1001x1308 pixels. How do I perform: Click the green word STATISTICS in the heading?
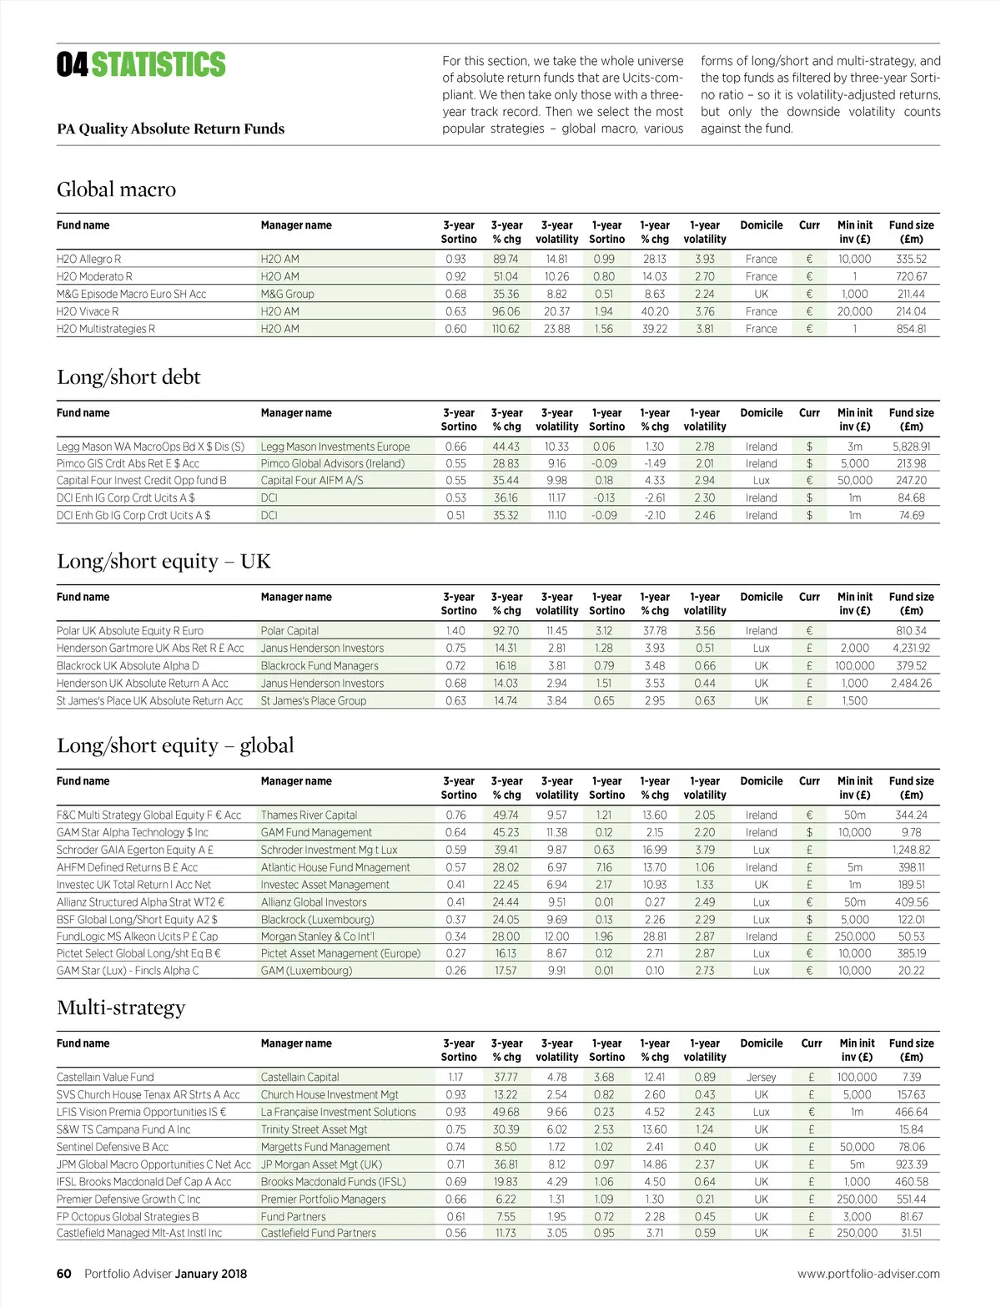[x=158, y=65]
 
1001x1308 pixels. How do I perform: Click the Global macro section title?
[x=116, y=189]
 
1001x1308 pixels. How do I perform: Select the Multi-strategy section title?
[x=121, y=1008]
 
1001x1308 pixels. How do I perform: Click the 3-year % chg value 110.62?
[x=506, y=329]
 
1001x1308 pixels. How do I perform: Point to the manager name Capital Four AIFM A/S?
[x=312, y=481]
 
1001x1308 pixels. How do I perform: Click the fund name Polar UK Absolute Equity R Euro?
[x=130, y=631]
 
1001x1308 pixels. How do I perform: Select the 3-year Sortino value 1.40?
[x=455, y=631]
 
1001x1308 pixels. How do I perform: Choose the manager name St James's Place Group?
[x=314, y=701]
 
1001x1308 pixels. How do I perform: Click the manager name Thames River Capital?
[x=309, y=816]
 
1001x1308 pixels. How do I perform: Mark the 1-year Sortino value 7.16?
[x=604, y=867]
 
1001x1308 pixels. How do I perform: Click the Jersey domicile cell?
[x=761, y=1078]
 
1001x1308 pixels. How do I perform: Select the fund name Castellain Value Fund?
[x=105, y=1078]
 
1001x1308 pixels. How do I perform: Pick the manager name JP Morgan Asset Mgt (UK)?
[x=321, y=1164]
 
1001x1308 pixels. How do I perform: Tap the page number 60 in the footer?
[x=64, y=1274]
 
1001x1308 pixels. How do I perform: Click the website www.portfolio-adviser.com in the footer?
[x=868, y=1274]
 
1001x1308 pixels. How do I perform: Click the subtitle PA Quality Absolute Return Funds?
[x=170, y=129]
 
